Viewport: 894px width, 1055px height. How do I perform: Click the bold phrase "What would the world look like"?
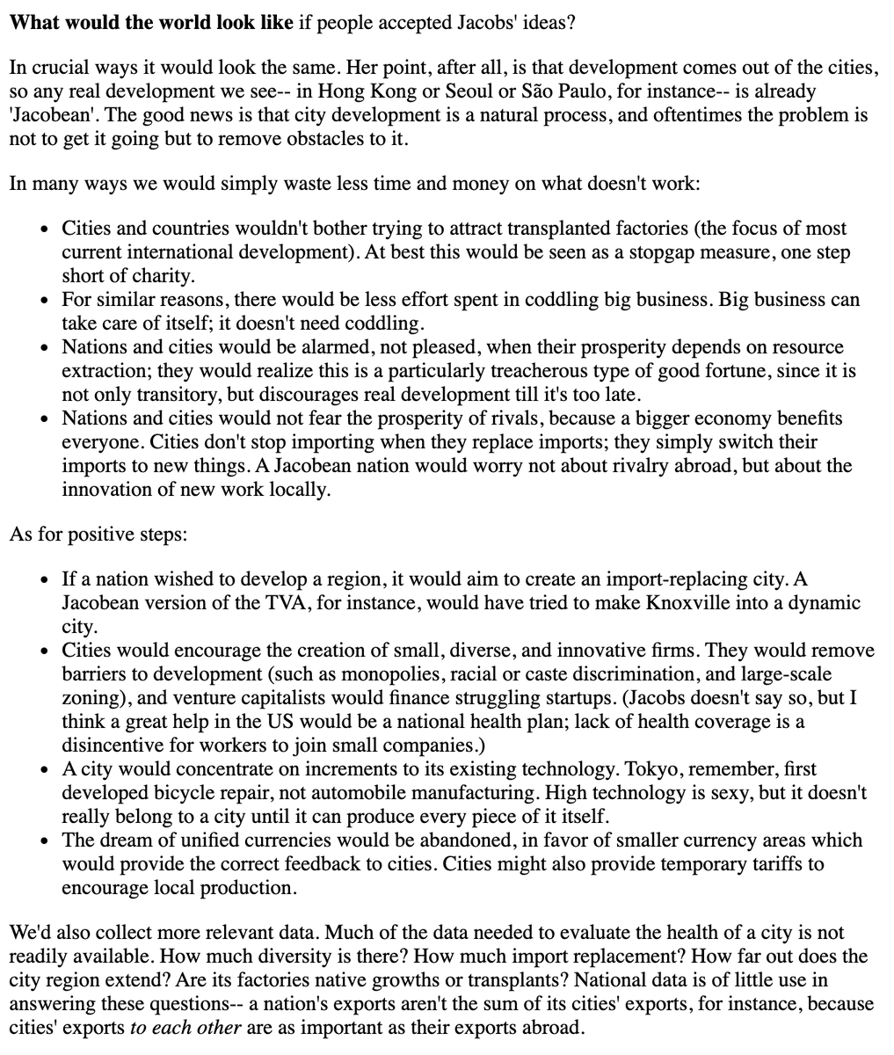(x=151, y=22)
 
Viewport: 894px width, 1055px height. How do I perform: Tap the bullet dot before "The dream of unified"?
(x=45, y=841)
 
